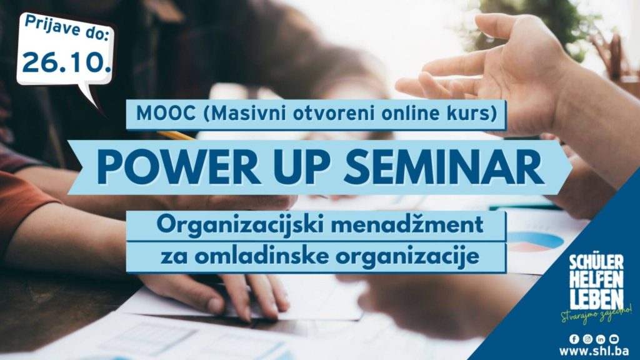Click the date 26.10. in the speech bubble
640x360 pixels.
(x=66, y=62)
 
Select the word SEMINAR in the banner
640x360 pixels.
(x=444, y=167)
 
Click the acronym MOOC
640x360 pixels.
(x=166, y=114)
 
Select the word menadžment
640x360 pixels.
(x=407, y=225)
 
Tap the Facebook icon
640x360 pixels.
(x=574, y=339)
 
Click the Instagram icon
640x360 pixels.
(x=587, y=339)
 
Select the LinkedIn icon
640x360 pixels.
(x=601, y=339)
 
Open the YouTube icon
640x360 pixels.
(x=614, y=339)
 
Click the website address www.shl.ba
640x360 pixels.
(x=594, y=351)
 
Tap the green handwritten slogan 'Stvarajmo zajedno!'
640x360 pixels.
(x=596, y=316)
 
